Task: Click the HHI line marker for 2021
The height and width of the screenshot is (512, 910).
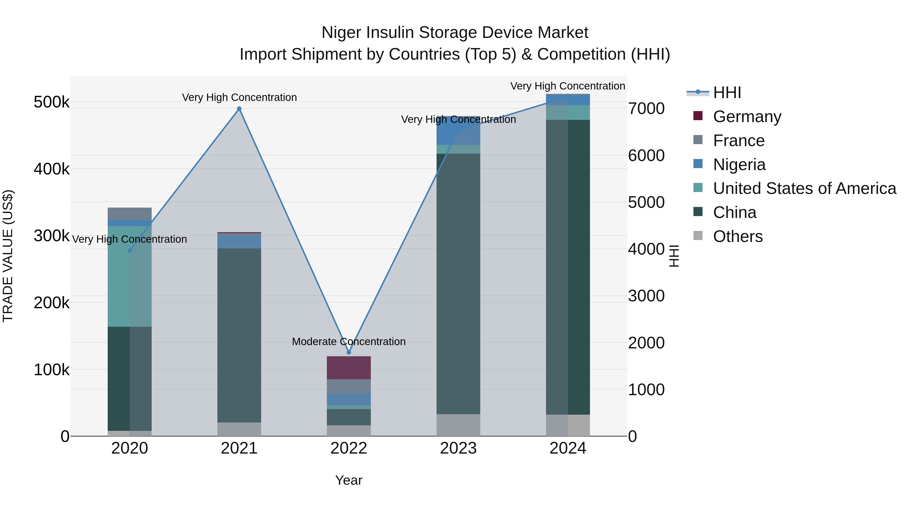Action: (x=239, y=109)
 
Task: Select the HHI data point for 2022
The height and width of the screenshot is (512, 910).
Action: (x=349, y=352)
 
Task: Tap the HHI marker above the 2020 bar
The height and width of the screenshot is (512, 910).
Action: (x=130, y=251)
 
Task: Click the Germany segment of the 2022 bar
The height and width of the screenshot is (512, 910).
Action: (x=349, y=367)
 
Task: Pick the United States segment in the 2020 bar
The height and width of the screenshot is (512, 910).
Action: (x=130, y=276)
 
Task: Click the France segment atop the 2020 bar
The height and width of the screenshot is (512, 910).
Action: (x=130, y=214)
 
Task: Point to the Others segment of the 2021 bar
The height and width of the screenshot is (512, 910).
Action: (x=239, y=429)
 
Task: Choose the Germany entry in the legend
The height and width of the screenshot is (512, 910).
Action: (x=747, y=117)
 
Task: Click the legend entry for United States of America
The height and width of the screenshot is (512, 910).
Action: (x=804, y=188)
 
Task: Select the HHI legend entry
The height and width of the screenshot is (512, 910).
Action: (x=727, y=93)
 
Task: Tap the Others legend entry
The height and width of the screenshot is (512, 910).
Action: (x=738, y=236)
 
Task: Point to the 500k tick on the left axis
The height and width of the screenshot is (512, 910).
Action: (x=52, y=102)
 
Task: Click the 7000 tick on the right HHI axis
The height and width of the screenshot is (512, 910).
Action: (x=646, y=108)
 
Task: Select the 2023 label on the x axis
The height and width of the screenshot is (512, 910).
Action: (x=458, y=448)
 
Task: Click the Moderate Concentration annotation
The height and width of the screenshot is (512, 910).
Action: (x=349, y=342)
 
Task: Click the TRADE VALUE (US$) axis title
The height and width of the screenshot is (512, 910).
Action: (x=8, y=256)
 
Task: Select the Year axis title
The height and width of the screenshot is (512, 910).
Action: (x=349, y=480)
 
